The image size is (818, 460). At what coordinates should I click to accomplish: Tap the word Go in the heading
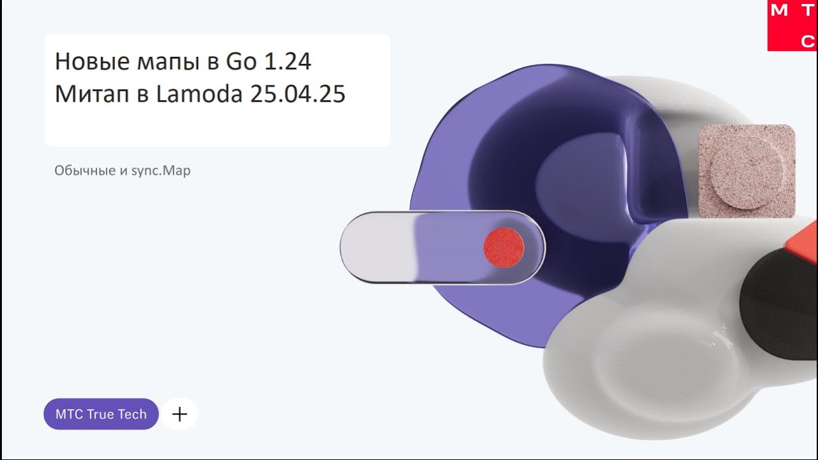242,61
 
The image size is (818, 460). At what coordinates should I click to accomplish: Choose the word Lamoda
199,93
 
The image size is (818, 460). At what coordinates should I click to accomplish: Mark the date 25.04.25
298,94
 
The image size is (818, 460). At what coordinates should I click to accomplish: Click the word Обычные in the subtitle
85,171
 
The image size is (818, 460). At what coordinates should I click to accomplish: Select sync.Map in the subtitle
160,171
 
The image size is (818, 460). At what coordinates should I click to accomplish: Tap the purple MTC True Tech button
101,414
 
